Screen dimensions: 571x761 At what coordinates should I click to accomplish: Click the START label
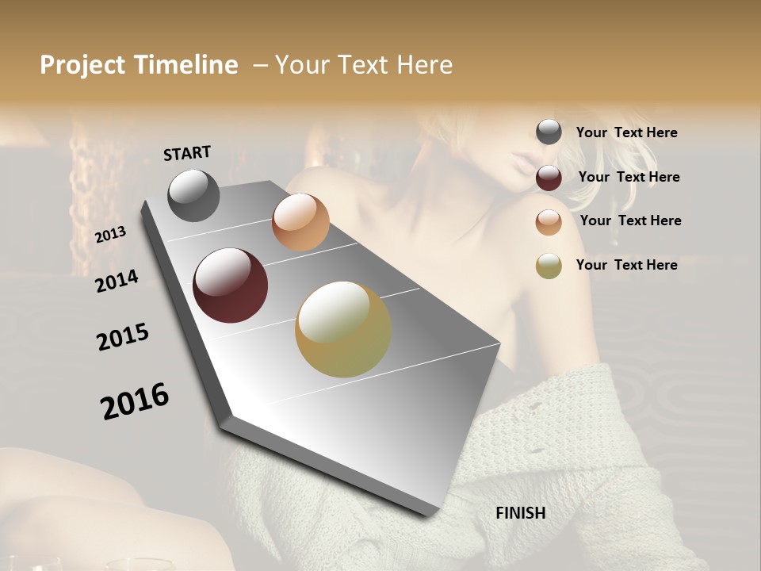pos(187,153)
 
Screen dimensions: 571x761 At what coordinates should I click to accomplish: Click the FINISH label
pos(521,513)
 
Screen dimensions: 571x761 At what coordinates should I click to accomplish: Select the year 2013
pos(110,235)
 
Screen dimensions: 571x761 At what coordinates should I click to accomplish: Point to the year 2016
pos(135,401)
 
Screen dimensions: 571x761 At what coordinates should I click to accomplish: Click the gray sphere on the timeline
pos(193,195)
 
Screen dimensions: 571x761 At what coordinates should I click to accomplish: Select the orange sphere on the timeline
pos(300,222)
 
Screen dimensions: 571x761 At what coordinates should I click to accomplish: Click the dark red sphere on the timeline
pos(231,285)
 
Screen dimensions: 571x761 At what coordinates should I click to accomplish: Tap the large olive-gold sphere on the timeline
pos(343,329)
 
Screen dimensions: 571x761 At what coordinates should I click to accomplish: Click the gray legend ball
pos(549,132)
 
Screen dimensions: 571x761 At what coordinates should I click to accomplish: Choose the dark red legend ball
pos(549,178)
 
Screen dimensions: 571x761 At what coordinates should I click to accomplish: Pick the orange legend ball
pos(549,222)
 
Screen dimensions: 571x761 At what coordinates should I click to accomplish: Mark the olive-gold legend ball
pos(549,266)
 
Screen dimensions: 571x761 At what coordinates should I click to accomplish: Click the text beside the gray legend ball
pos(627,133)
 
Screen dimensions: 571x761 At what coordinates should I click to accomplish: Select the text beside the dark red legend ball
pos(629,177)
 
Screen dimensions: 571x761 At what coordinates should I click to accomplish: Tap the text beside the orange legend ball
pos(631,220)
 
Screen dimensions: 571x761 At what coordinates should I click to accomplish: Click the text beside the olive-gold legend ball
pos(627,265)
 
